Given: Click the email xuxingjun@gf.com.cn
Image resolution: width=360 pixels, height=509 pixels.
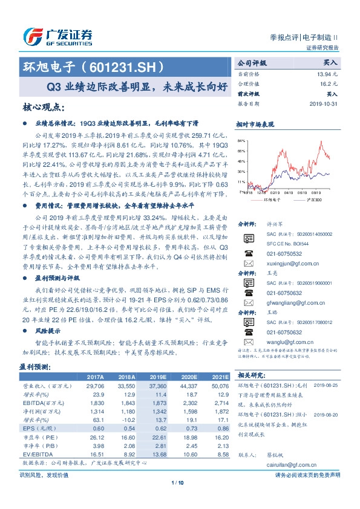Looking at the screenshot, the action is pyautogui.click(x=292, y=264).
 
